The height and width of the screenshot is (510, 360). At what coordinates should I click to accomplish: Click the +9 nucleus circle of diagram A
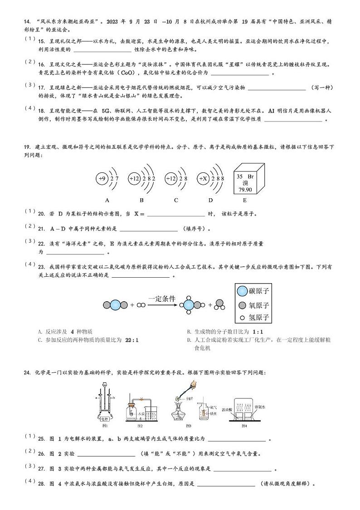pyautogui.click(x=102, y=179)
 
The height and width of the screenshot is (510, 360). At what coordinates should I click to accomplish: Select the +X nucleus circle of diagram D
pyautogui.click(x=204, y=179)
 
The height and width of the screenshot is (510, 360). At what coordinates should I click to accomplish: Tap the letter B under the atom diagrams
pyautogui.click(x=141, y=200)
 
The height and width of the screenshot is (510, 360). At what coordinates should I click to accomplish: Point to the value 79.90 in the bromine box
pyautogui.click(x=245, y=189)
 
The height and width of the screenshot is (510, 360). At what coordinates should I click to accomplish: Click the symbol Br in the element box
pyautogui.click(x=250, y=176)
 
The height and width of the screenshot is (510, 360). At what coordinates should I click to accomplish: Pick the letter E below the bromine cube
pyautogui.click(x=245, y=200)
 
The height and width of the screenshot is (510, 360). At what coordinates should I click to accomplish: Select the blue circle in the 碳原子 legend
pyautogui.click(x=243, y=291)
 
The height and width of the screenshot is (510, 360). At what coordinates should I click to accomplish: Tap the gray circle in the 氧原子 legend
pyautogui.click(x=243, y=305)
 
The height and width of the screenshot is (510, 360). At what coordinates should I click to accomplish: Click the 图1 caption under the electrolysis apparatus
pyautogui.click(x=105, y=427)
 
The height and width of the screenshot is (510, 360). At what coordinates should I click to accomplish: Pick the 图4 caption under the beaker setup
pyautogui.click(x=244, y=426)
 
